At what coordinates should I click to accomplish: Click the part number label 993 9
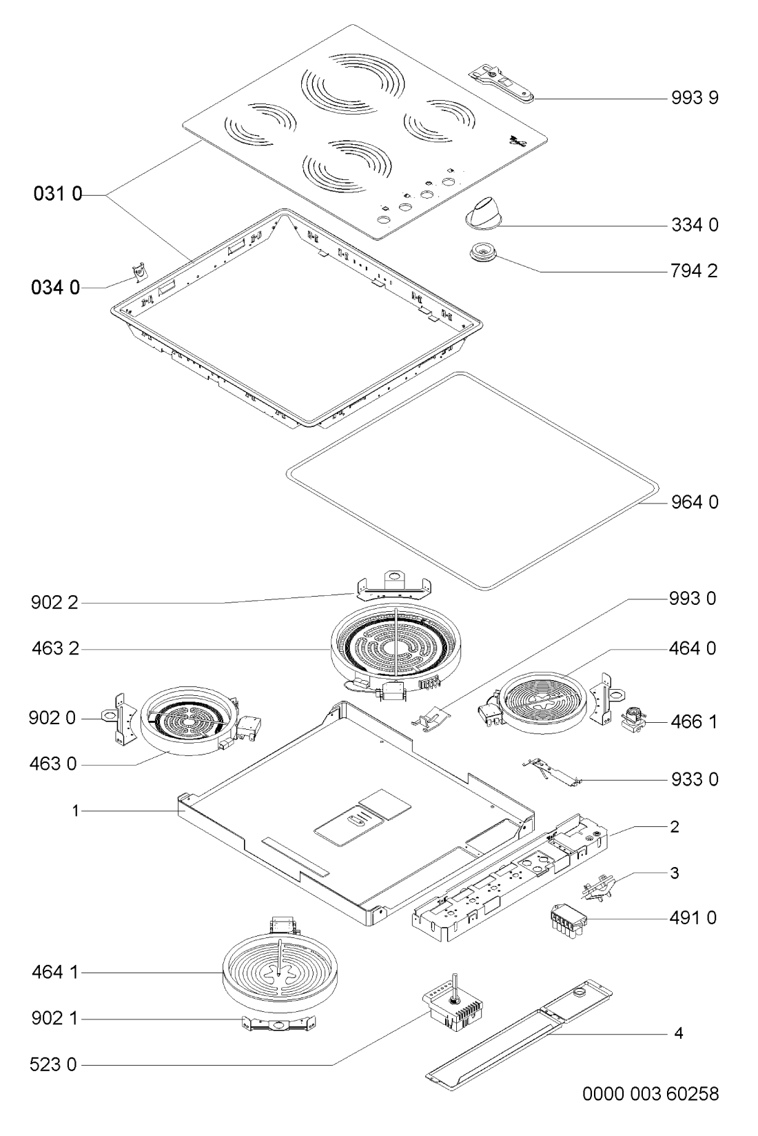[x=695, y=97]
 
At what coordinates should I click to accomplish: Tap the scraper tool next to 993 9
[x=502, y=83]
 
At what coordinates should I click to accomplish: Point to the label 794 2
[x=694, y=271]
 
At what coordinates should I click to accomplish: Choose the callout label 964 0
[x=695, y=502]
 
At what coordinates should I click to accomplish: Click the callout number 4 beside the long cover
[x=679, y=1033]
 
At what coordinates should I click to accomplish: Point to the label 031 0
[x=58, y=194]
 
